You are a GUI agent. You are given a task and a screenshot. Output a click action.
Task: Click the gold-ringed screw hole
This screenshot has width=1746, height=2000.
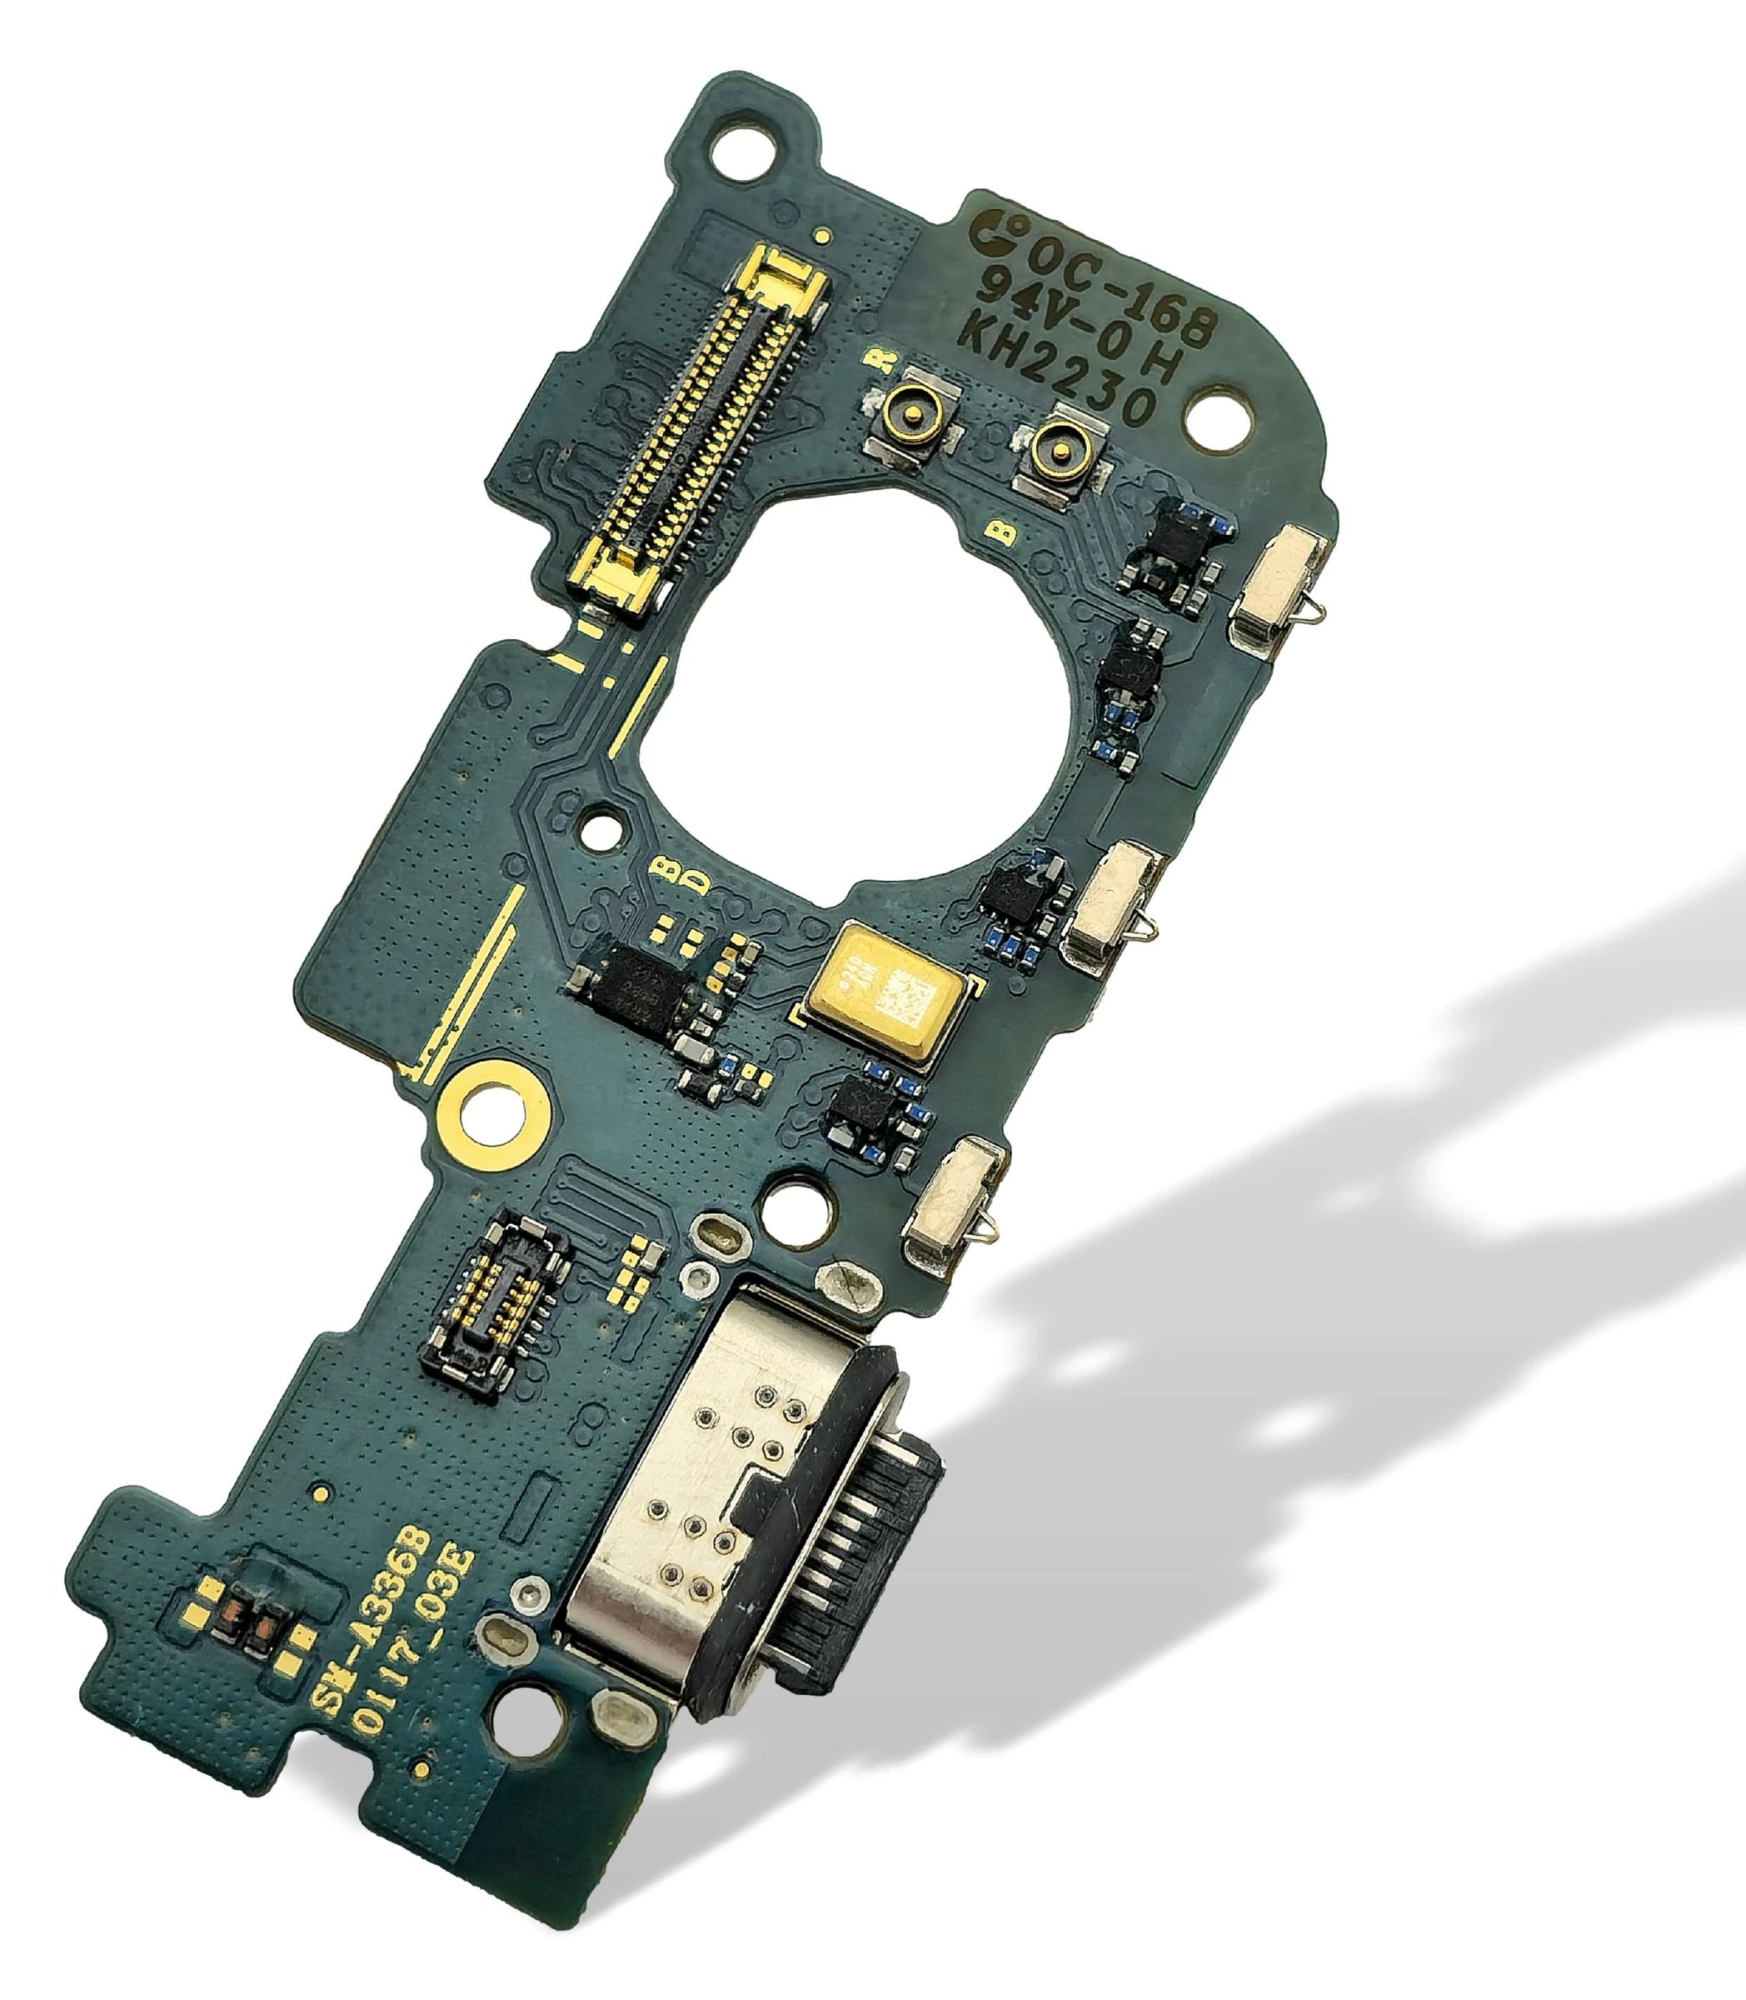493,1110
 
